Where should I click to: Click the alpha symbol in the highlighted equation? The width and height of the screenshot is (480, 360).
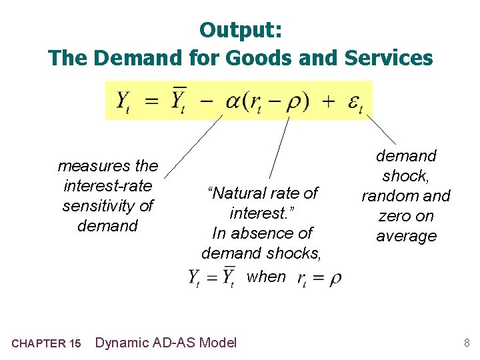pyautogui.click(x=235, y=101)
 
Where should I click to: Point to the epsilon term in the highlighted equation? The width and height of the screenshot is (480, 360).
pyautogui.click(x=354, y=101)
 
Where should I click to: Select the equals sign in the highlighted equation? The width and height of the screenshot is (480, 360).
pyautogui.click(x=152, y=101)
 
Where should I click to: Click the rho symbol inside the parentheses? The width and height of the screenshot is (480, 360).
pyautogui.click(x=293, y=102)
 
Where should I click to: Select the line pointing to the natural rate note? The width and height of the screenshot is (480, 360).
pyautogui.click(x=279, y=147)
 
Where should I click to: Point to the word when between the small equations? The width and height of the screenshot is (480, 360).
pyautogui.click(x=266, y=277)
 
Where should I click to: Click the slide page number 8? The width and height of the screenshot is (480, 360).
pyautogui.click(x=467, y=343)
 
